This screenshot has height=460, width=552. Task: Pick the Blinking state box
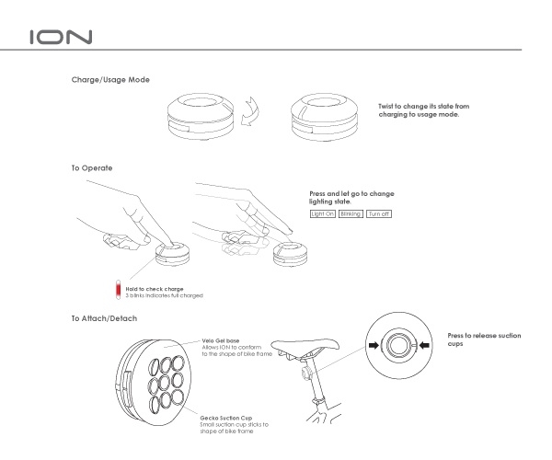[351, 213]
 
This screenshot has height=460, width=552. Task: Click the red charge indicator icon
[117, 292]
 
